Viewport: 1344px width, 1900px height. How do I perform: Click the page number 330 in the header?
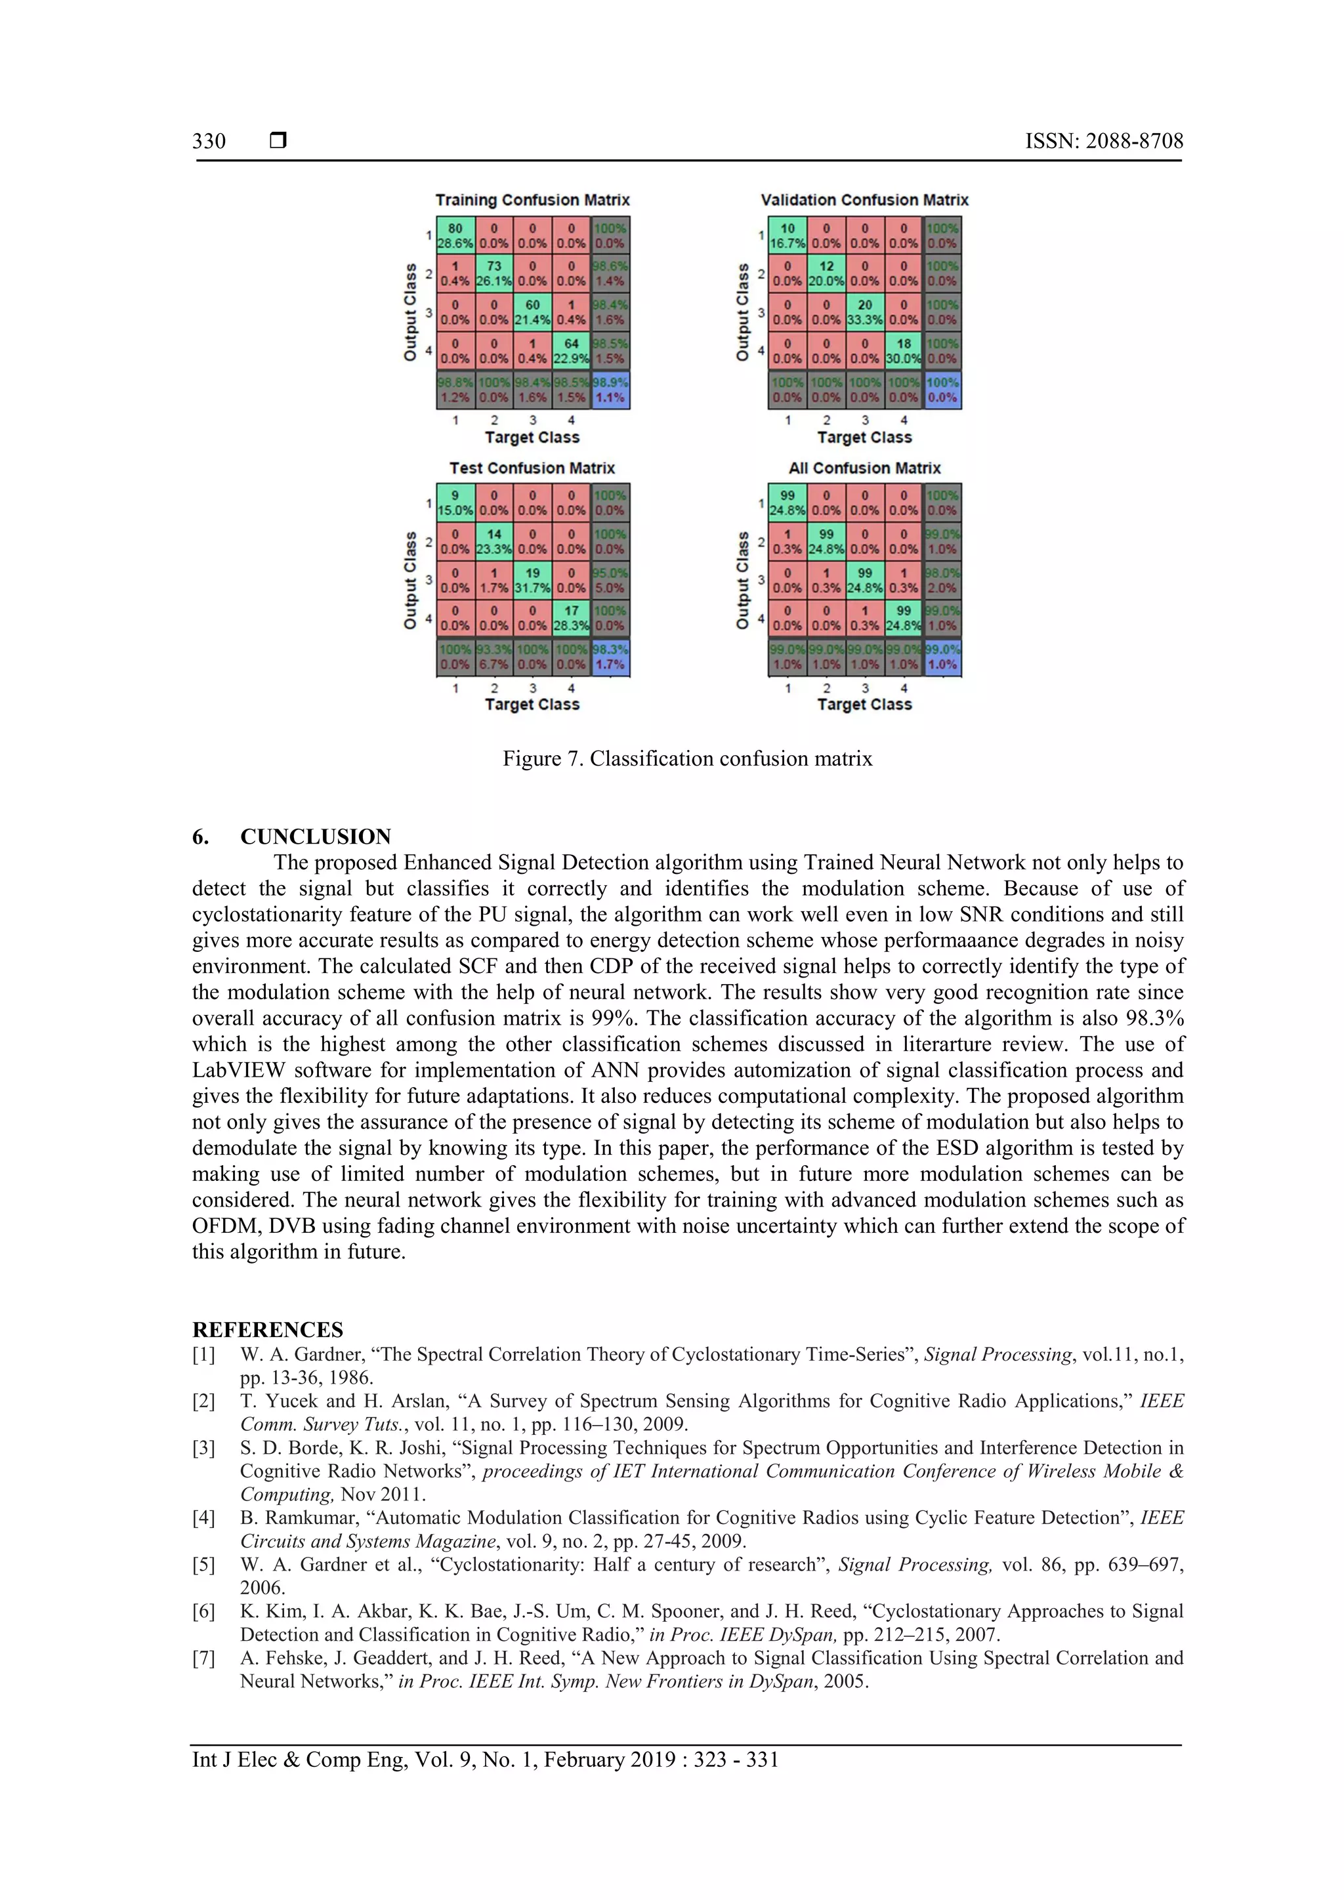[x=209, y=142]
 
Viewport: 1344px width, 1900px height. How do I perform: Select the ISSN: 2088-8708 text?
[x=1104, y=142]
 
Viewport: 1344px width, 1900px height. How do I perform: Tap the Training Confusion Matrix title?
[x=532, y=200]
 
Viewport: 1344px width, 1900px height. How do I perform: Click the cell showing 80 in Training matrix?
[x=455, y=235]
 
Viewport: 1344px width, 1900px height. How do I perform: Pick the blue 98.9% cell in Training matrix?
[x=611, y=390]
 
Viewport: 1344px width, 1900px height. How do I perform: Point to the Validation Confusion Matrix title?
[x=864, y=200]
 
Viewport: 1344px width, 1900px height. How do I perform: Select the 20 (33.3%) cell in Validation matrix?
[x=865, y=312]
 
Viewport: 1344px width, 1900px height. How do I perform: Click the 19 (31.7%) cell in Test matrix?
[x=532, y=579]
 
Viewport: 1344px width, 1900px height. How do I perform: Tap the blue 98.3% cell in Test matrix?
[x=611, y=657]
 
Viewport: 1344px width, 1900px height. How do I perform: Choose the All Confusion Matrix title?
[x=864, y=468]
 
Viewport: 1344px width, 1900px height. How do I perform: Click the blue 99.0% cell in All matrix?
[x=942, y=657]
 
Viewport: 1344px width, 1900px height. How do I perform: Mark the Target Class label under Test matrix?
[x=532, y=705]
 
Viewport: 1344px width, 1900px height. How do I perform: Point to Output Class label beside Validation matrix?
[x=742, y=312]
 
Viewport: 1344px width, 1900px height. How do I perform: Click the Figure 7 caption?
[x=687, y=759]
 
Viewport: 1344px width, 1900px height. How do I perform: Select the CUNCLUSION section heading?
[x=315, y=836]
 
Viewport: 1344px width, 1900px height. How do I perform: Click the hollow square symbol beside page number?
[x=278, y=140]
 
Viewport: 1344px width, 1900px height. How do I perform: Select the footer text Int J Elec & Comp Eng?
[x=298, y=1760]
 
